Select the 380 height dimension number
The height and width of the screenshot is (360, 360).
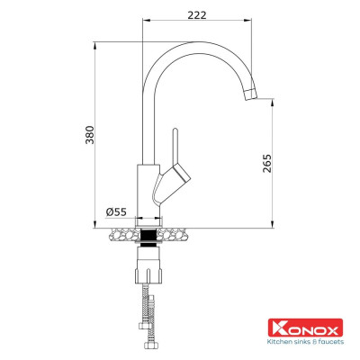point(87,135)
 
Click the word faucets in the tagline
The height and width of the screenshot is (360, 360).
point(332,341)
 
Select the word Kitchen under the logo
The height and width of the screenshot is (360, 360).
point(278,341)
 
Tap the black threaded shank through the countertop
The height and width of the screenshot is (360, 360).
point(148,237)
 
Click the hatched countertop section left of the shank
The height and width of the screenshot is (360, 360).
point(123,237)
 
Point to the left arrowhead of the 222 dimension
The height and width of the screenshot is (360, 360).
point(147,27)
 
